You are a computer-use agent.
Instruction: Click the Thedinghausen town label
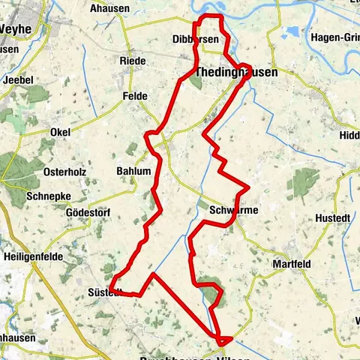pyautogui.click(x=235, y=73)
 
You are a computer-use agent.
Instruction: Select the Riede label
pyautogui.click(x=132, y=60)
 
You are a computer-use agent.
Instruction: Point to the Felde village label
pyautogui.click(x=134, y=96)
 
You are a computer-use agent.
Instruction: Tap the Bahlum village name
pyautogui.click(x=133, y=171)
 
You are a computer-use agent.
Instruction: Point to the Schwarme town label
pyautogui.click(x=234, y=210)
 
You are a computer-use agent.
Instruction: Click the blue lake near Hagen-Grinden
pyautogui.click(x=291, y=33)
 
